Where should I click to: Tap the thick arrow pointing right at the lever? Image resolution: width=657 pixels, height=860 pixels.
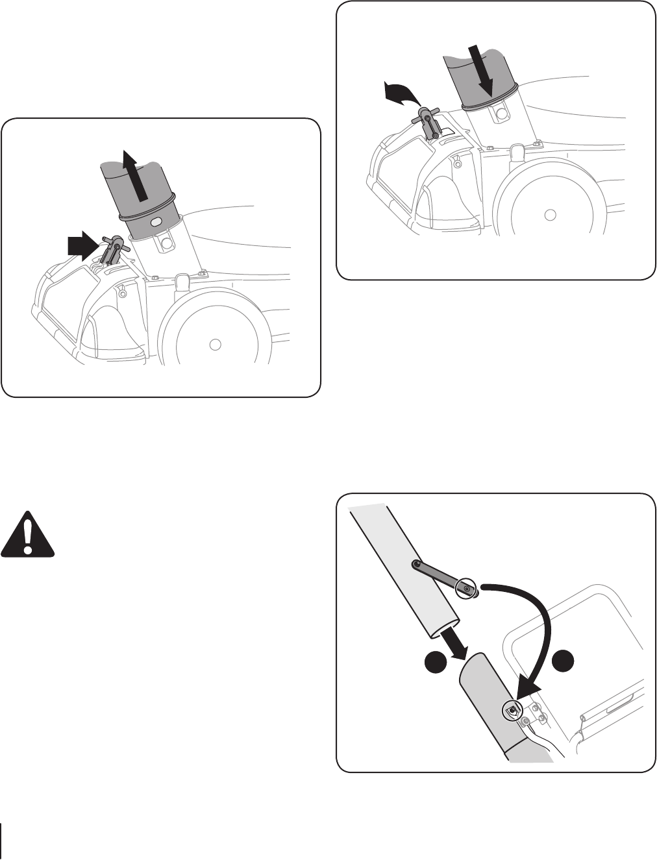[82, 247]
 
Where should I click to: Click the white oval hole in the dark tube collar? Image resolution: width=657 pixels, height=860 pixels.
[156, 222]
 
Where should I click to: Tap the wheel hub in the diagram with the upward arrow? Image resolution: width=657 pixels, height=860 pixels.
[216, 343]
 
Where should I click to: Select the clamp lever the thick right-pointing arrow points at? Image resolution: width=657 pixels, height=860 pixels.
[113, 249]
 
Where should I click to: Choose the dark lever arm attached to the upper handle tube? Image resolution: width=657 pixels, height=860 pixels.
[439, 576]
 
